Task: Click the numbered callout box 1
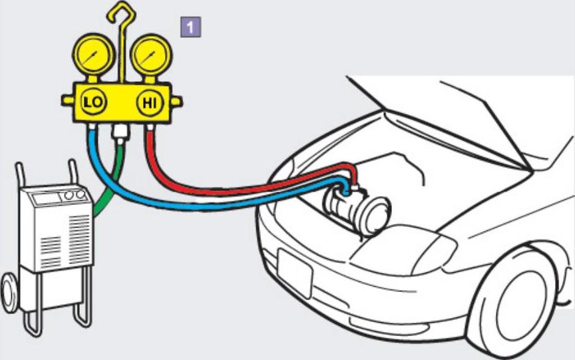pyautogui.click(x=191, y=27)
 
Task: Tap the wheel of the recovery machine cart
pyautogui.click(x=9, y=292)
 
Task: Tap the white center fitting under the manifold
pyautogui.click(x=120, y=132)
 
